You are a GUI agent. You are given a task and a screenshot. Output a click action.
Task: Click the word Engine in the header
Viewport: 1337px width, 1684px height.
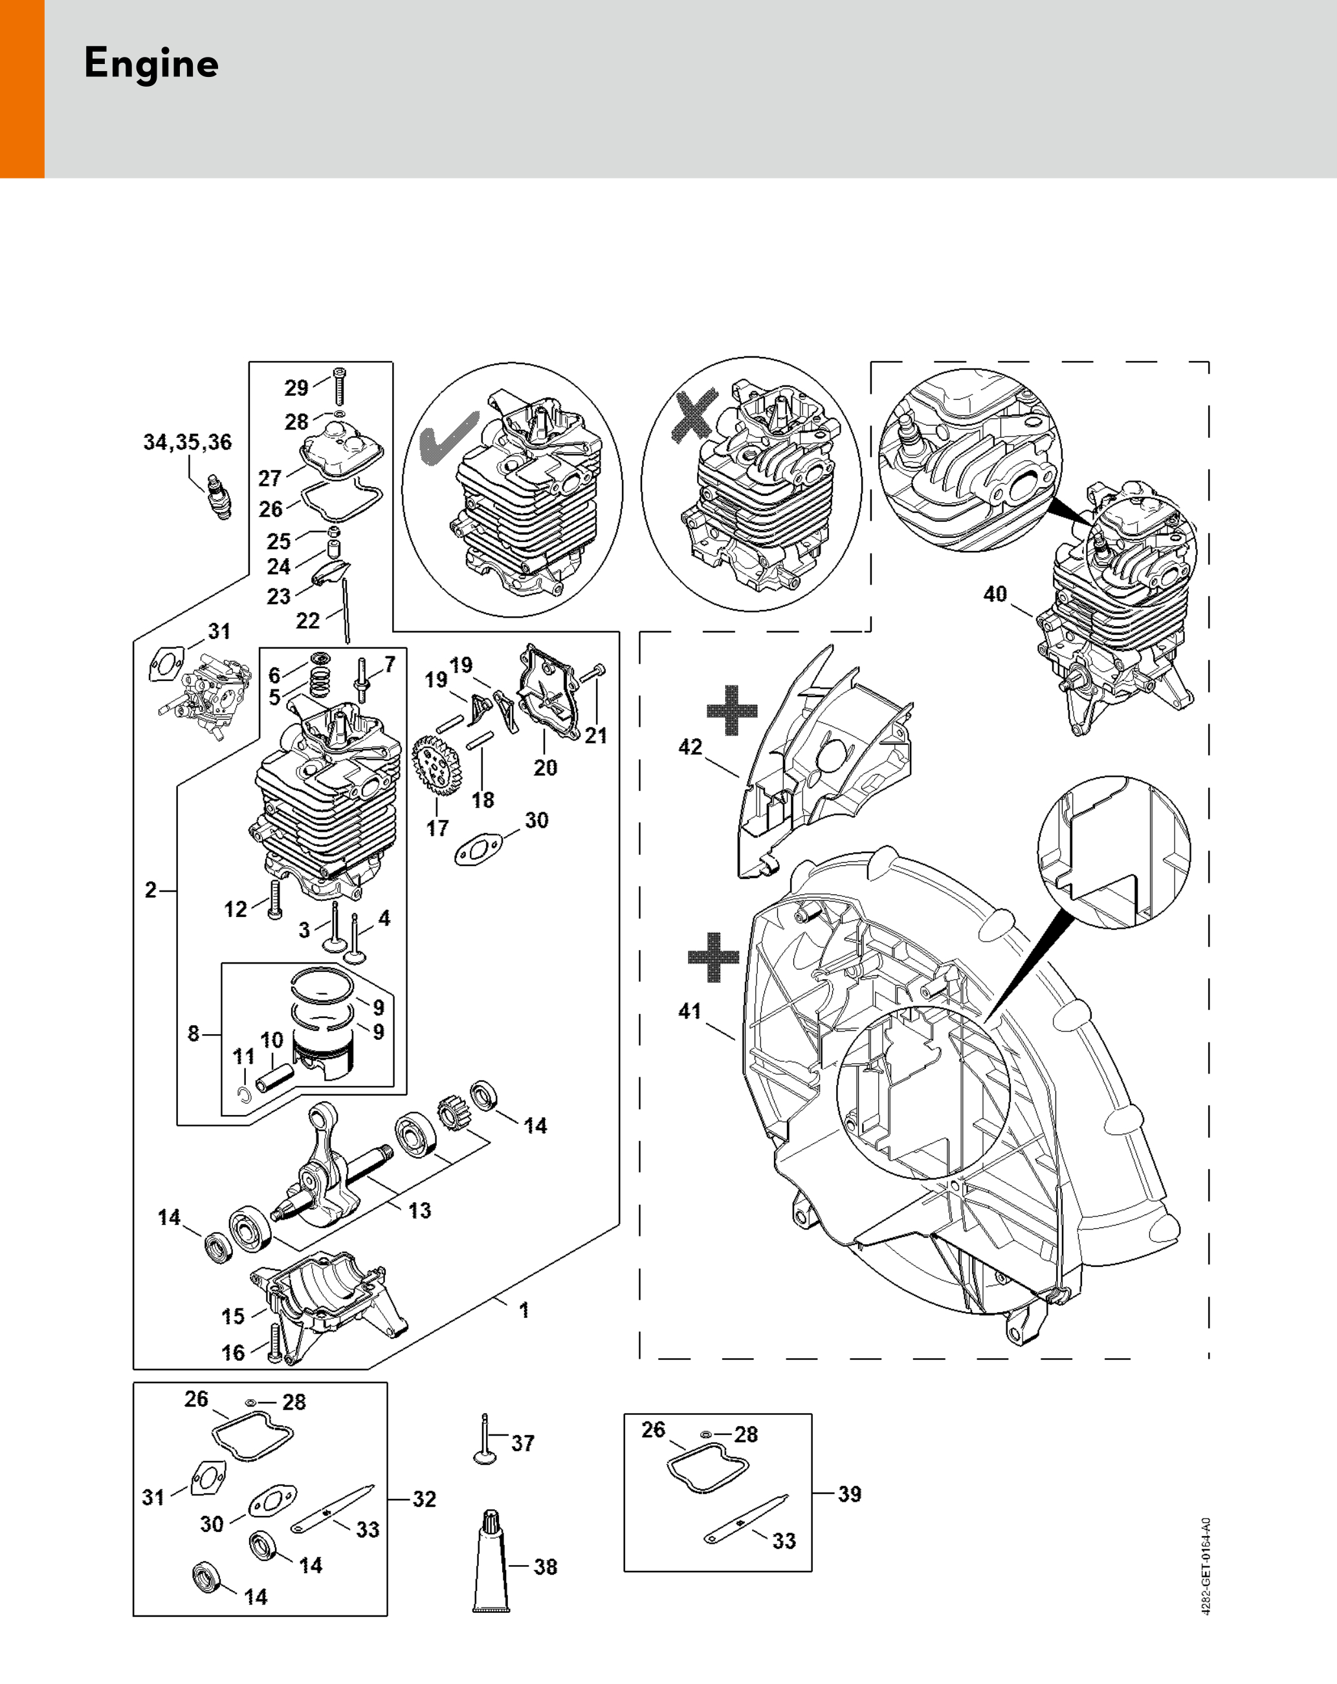click(x=151, y=64)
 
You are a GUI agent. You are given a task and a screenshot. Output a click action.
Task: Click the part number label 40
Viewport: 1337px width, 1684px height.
click(x=995, y=594)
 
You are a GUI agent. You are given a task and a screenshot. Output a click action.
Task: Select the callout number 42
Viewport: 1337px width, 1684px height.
click(x=690, y=748)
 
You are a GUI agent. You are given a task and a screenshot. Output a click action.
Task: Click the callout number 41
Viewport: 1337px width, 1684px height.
click(x=689, y=1011)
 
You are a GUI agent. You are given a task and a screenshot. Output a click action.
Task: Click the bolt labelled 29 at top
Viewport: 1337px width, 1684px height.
click(x=339, y=386)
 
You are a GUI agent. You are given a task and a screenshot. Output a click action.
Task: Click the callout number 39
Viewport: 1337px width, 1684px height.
click(x=850, y=1495)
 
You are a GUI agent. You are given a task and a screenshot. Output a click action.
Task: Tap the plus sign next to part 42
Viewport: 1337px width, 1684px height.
click(x=731, y=710)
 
